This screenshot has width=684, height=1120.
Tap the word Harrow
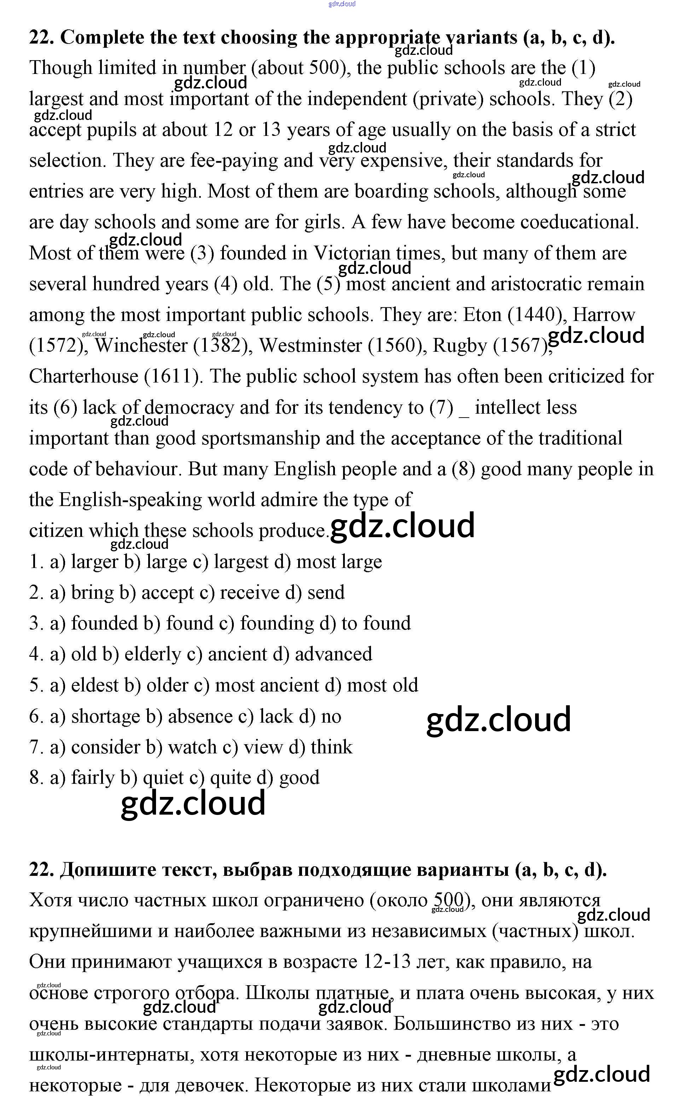coord(604,315)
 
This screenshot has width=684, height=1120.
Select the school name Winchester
coord(141,345)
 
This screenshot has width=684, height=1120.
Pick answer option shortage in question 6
coord(105,716)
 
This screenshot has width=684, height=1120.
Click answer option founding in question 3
coord(277,623)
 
